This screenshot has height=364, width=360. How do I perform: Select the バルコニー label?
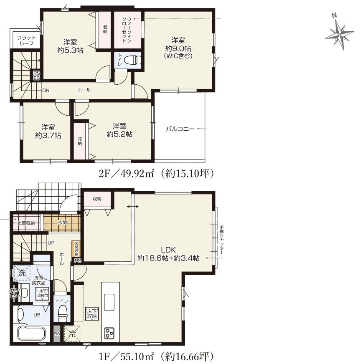180,129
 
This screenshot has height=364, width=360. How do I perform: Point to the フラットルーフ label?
27,40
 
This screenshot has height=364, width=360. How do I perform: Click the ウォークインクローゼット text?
127,30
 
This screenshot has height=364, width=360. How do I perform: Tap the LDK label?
168,250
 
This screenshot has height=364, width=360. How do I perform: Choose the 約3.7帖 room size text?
48,136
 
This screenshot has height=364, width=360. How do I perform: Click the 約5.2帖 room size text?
119,134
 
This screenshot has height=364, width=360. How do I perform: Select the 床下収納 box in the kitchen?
92,313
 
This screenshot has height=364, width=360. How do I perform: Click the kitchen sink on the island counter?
109,302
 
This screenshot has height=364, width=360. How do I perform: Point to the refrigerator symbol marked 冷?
72,334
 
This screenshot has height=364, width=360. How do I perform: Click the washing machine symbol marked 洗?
22,273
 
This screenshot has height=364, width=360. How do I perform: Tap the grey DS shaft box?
57,334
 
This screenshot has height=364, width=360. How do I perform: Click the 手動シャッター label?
221,240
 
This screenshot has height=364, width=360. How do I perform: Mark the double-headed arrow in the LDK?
133,206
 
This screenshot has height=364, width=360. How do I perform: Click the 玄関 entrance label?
62,222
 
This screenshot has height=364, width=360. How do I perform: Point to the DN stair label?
46,91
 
